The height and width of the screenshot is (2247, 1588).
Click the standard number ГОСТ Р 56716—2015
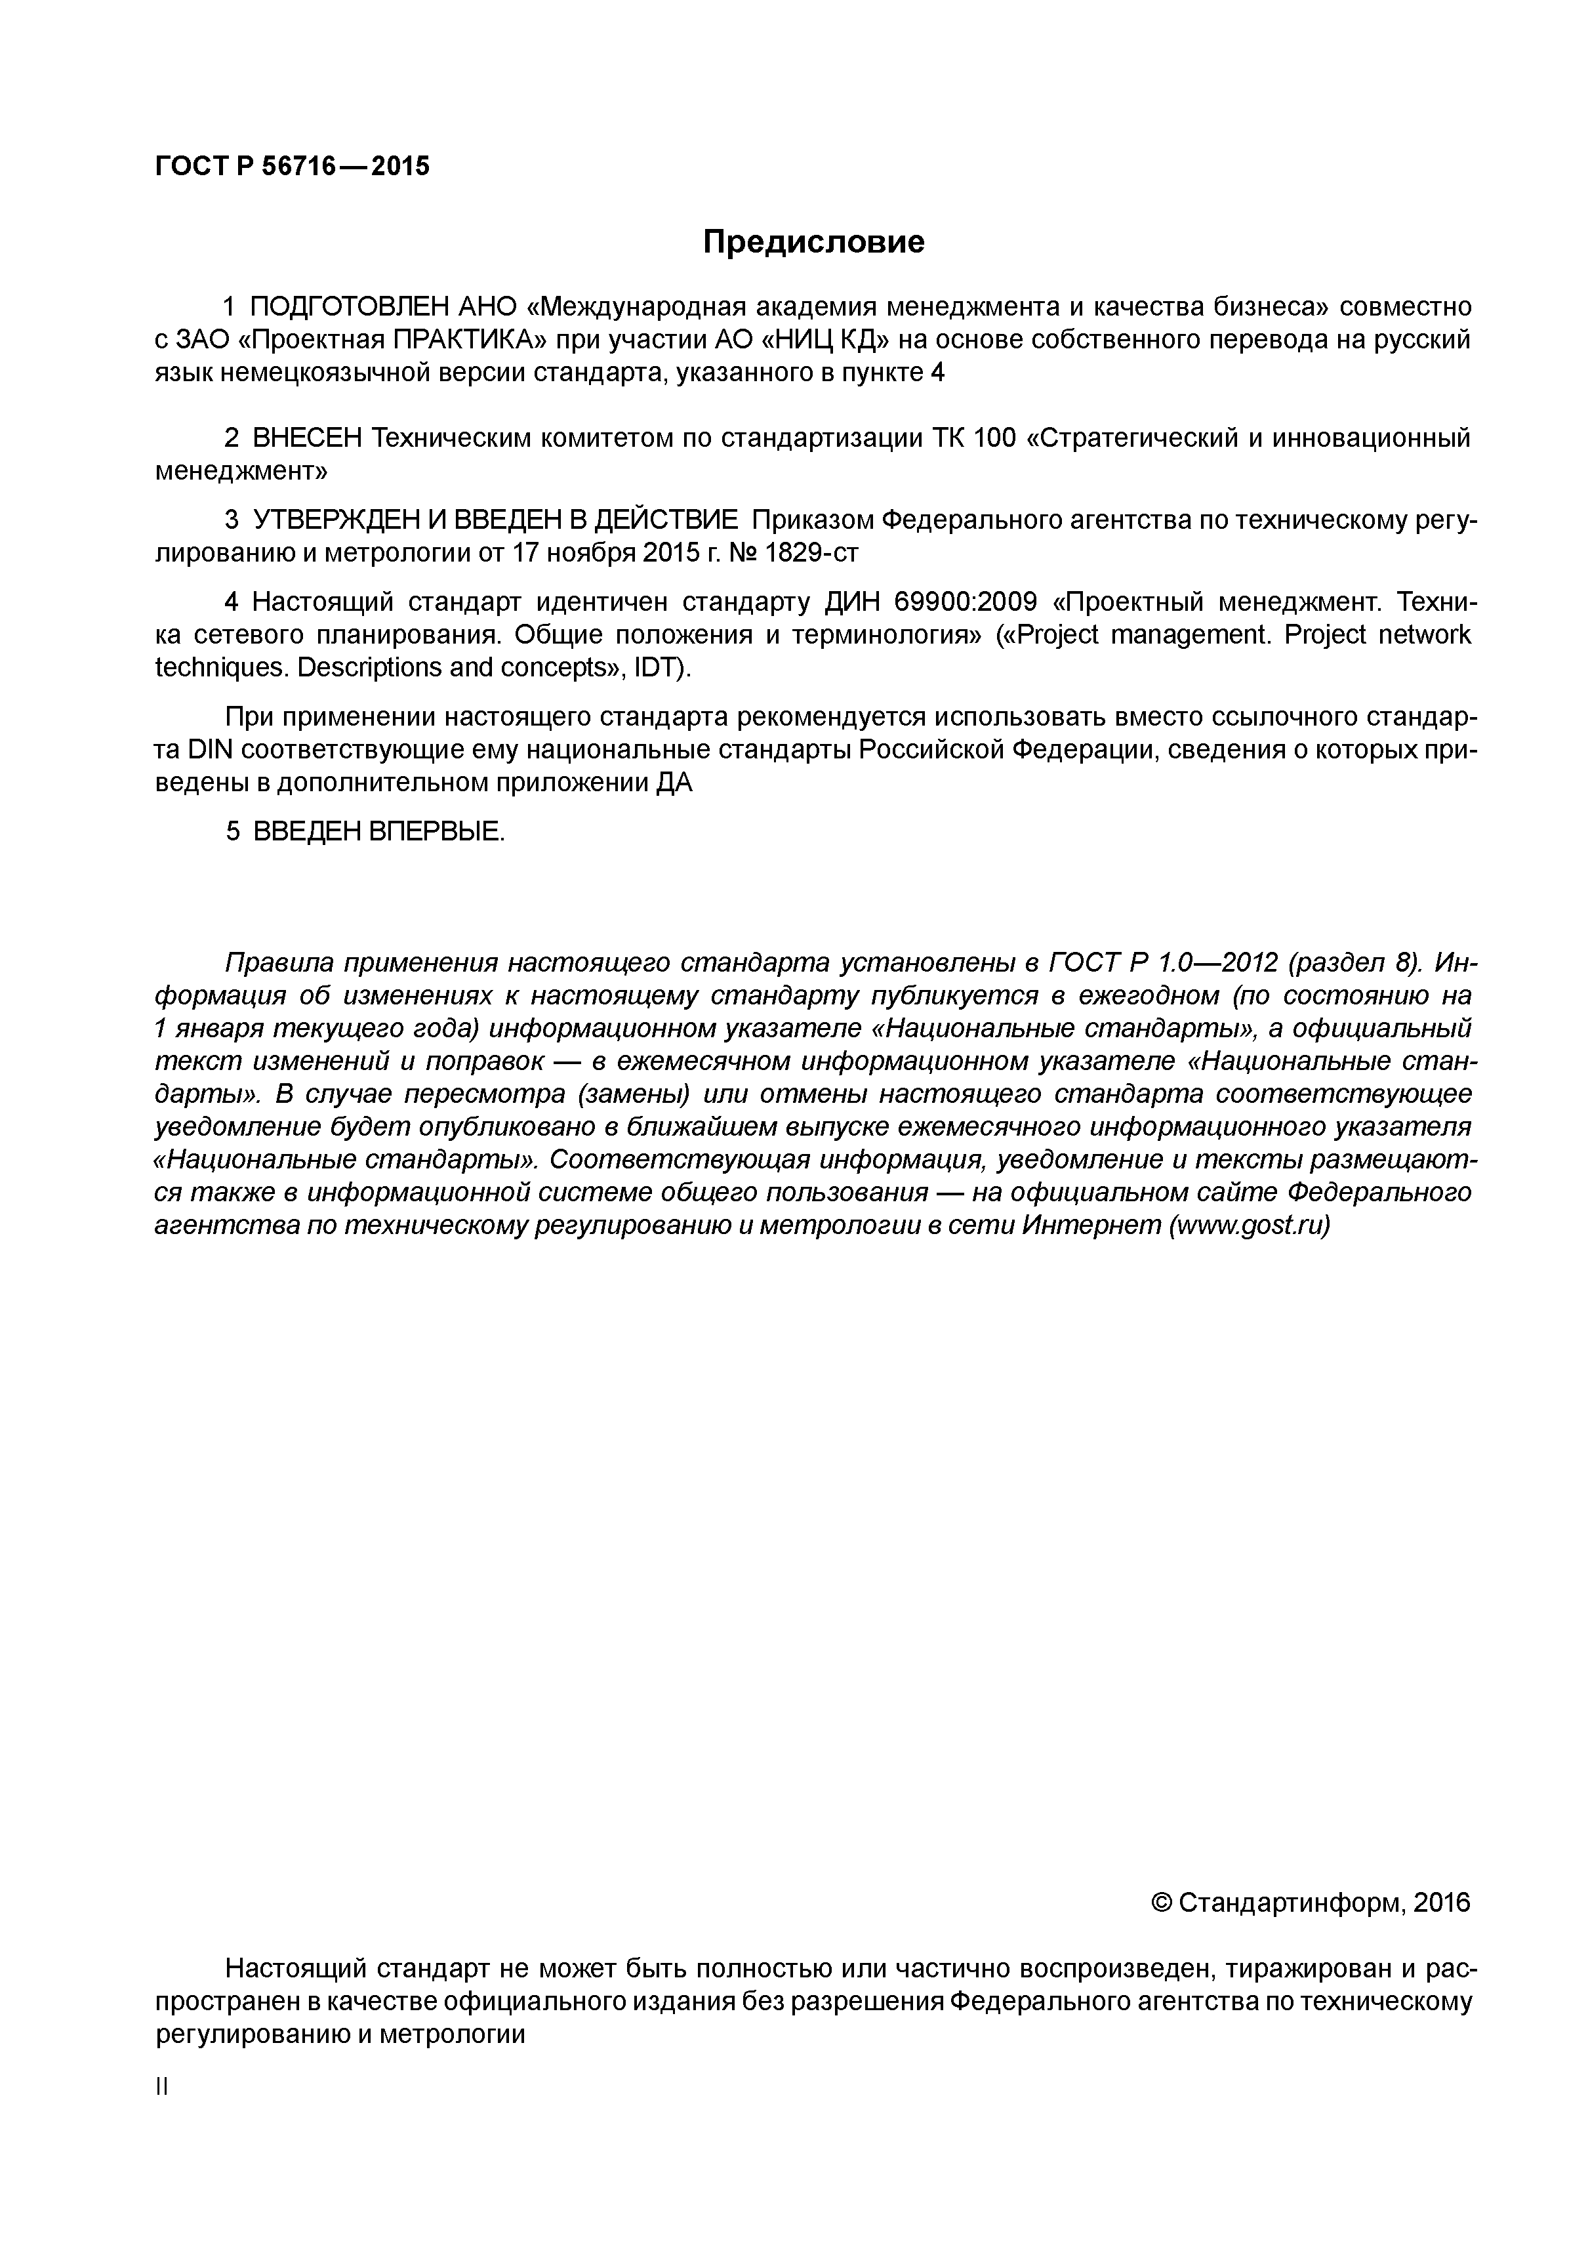pyautogui.click(x=292, y=167)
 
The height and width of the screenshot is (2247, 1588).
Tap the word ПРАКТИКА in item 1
pyautogui.click(x=468, y=340)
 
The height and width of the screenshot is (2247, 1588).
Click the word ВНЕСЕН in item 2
pyautogui.click(x=306, y=438)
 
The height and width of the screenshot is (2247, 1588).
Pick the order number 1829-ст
pyautogui.click(x=810, y=553)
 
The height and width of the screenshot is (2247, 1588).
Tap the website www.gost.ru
pyautogui.click(x=1248, y=1226)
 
